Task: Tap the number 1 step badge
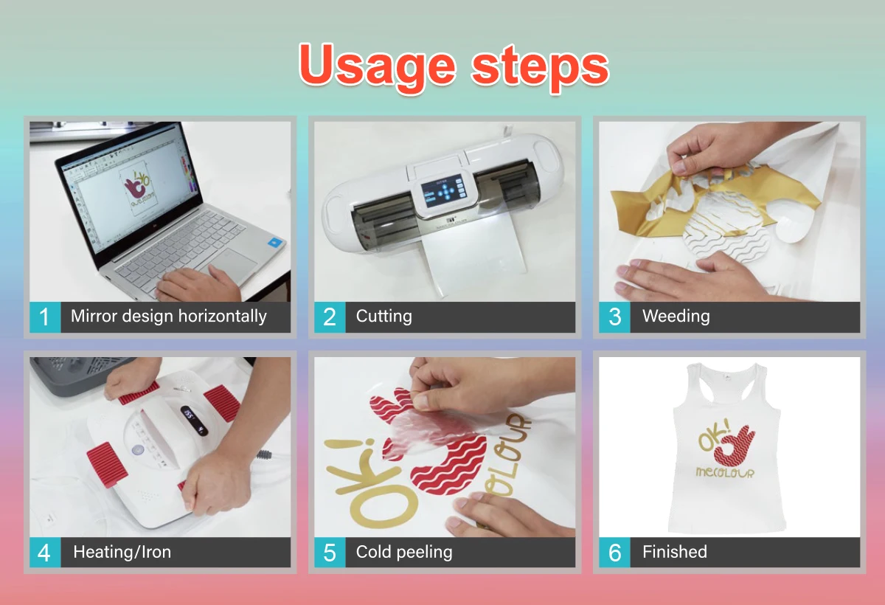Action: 45,317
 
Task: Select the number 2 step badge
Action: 330,317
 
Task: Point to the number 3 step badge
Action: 614,317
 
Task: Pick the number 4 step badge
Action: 45,553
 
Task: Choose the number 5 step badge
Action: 330,553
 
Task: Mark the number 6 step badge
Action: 614,553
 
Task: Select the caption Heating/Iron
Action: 122,552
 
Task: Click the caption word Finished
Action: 675,552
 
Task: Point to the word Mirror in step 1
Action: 94,316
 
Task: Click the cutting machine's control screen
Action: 442,191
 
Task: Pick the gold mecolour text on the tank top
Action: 725,473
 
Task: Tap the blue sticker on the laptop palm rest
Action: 275,242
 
